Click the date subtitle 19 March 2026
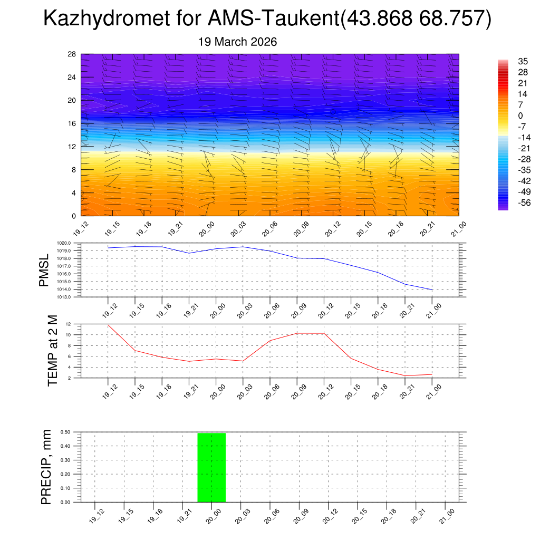tap(237, 42)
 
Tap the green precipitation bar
tap(211, 467)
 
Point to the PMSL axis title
tap(44, 270)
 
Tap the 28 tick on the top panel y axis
tap(72, 54)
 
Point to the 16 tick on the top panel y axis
tap(72, 123)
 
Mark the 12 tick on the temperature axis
tap(69, 324)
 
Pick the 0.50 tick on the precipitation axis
tap(66, 432)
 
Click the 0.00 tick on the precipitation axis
tap(66, 502)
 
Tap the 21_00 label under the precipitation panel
tap(446, 515)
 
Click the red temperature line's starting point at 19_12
tap(108, 325)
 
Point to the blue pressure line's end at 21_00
tap(432, 290)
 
